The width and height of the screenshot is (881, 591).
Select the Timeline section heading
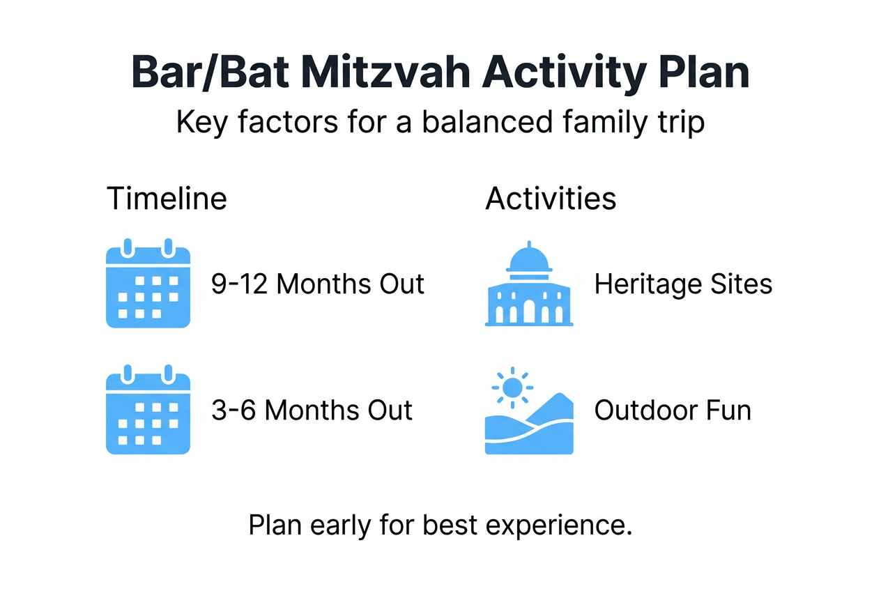coord(167,199)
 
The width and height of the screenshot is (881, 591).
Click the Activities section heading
coord(551,199)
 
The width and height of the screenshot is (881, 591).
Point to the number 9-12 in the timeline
coord(240,284)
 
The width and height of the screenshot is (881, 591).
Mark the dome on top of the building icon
coord(529,260)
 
